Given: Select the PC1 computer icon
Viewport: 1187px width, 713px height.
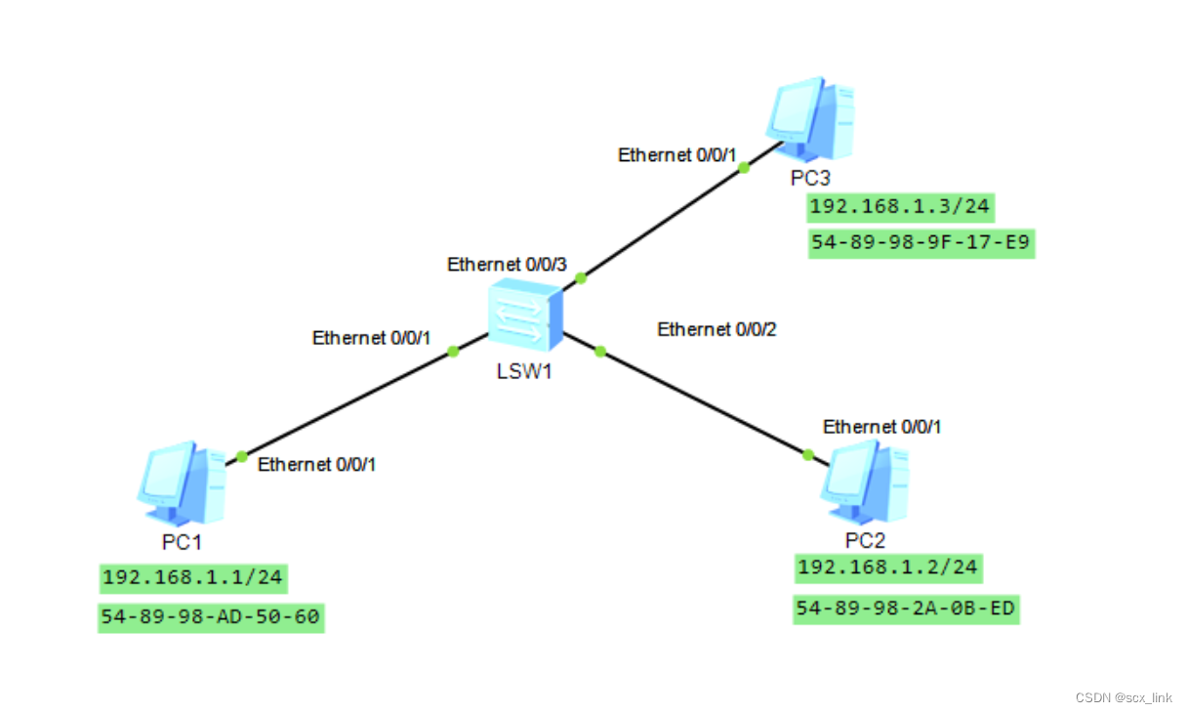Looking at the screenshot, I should click(x=182, y=483).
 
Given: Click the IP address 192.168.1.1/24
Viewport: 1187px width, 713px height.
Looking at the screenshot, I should click(x=192, y=577).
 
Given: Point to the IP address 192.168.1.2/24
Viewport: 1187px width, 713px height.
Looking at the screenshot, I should click(x=888, y=567).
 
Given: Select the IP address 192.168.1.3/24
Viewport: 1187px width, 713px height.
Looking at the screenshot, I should click(x=901, y=206).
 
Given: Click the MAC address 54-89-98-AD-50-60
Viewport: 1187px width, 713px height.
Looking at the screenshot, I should click(x=210, y=617).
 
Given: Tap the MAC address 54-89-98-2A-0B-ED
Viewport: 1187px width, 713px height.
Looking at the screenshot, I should click(x=906, y=610).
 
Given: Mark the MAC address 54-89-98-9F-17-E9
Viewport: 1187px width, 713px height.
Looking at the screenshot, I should click(x=921, y=244).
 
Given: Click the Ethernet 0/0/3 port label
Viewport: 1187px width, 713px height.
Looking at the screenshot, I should click(x=507, y=265).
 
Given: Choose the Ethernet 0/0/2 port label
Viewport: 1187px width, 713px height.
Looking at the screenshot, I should click(x=716, y=330).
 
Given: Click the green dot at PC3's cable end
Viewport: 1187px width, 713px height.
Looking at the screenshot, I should click(x=744, y=167).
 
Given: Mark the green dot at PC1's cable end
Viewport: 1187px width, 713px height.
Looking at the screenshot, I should click(x=241, y=456).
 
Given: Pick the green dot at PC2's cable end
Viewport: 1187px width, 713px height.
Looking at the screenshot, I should click(x=807, y=454).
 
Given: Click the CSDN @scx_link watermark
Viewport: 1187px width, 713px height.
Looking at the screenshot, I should click(x=1124, y=697).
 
